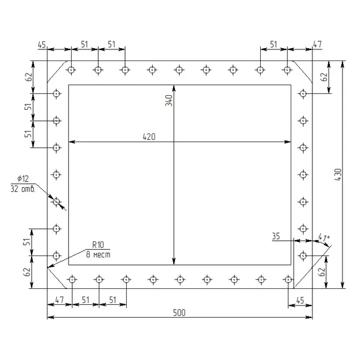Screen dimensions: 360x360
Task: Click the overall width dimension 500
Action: (x=179, y=312)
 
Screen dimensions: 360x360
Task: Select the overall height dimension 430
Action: (x=338, y=174)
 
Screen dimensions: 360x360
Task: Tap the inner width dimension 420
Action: (x=149, y=137)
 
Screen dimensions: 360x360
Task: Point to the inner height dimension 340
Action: (x=169, y=100)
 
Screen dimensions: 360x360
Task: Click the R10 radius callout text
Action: (x=98, y=245)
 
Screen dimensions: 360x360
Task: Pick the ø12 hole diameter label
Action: (x=23, y=179)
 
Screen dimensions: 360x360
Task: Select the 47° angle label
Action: (x=324, y=237)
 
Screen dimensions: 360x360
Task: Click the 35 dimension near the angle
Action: (x=276, y=236)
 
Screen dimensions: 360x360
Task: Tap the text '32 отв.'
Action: (x=23, y=189)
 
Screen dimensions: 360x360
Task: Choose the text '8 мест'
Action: (x=98, y=255)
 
